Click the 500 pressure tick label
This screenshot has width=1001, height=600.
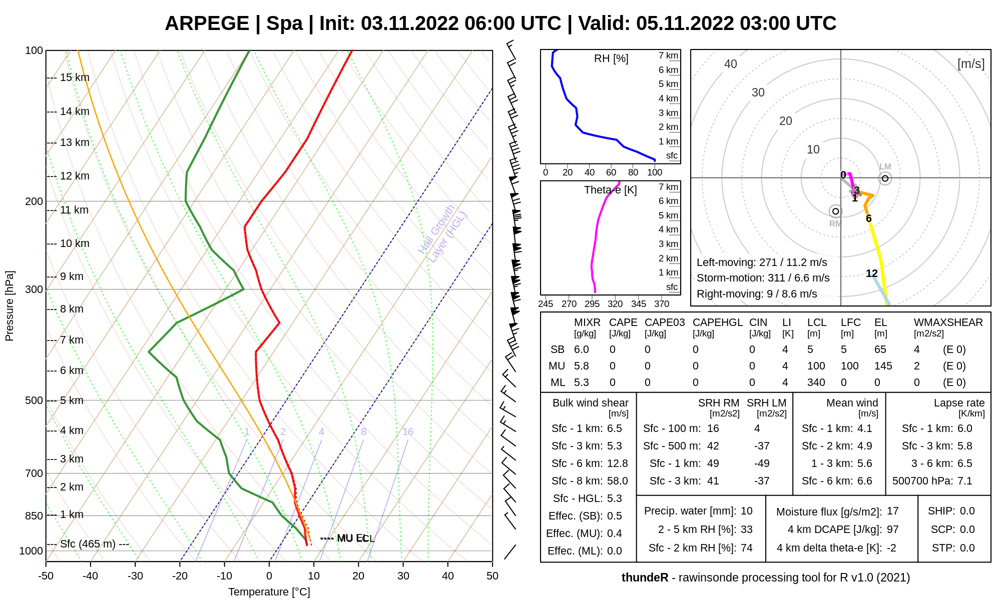(34, 400)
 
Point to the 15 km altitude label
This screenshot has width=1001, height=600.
(75, 77)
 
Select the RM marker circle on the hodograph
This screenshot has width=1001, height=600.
(835, 211)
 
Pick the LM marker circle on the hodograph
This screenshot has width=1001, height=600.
(885, 178)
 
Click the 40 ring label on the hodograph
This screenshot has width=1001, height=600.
(731, 64)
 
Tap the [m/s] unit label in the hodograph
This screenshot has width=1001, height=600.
(970, 64)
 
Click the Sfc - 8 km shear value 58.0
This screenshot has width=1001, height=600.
(617, 481)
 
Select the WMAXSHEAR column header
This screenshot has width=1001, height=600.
(948, 322)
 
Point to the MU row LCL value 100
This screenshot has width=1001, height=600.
(816, 366)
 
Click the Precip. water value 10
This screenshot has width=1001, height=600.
(746, 511)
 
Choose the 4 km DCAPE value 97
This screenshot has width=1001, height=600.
(892, 529)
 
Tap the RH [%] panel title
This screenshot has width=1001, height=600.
(611, 58)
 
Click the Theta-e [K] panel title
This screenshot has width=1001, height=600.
(610, 190)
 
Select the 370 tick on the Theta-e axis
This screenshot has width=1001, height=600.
(661, 303)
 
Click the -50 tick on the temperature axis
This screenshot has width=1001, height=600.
(46, 576)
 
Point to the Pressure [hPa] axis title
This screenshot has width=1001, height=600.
(10, 306)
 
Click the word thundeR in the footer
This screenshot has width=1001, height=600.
(645, 577)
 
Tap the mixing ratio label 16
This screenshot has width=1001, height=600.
(408, 431)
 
